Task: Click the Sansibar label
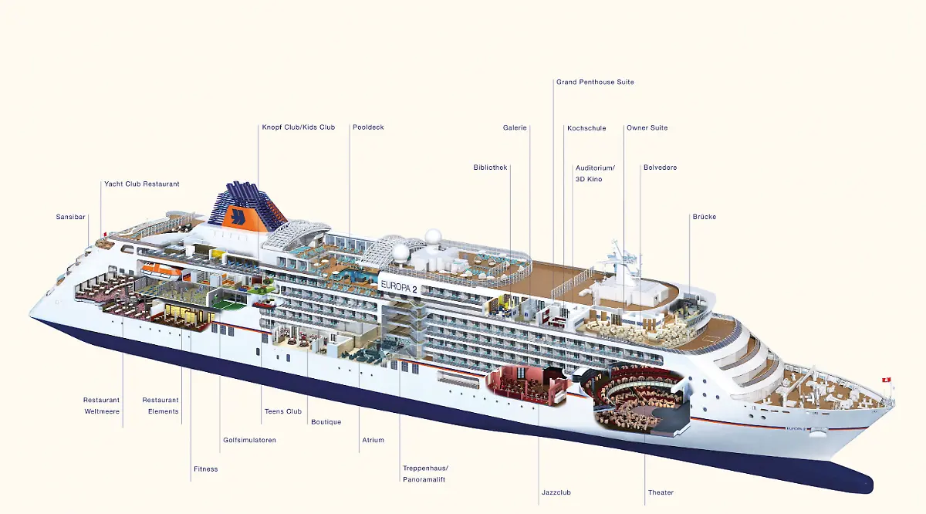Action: coord(70,217)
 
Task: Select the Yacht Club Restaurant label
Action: coord(141,184)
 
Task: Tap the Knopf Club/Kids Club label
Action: coord(298,127)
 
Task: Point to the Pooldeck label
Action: coord(368,127)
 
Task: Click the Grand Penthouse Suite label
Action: coord(595,82)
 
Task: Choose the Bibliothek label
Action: coord(490,167)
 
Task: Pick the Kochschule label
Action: coord(586,128)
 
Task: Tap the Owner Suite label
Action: coord(647,128)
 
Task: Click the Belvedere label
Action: coord(660,167)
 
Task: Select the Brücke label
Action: coord(704,217)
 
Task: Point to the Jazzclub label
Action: coord(556,492)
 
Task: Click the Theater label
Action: coord(661,492)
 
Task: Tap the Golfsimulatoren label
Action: coord(248,440)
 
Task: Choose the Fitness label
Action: coord(205,469)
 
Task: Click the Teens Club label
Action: coord(282,411)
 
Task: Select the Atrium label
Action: coord(372,440)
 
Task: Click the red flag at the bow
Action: coord(887,379)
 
